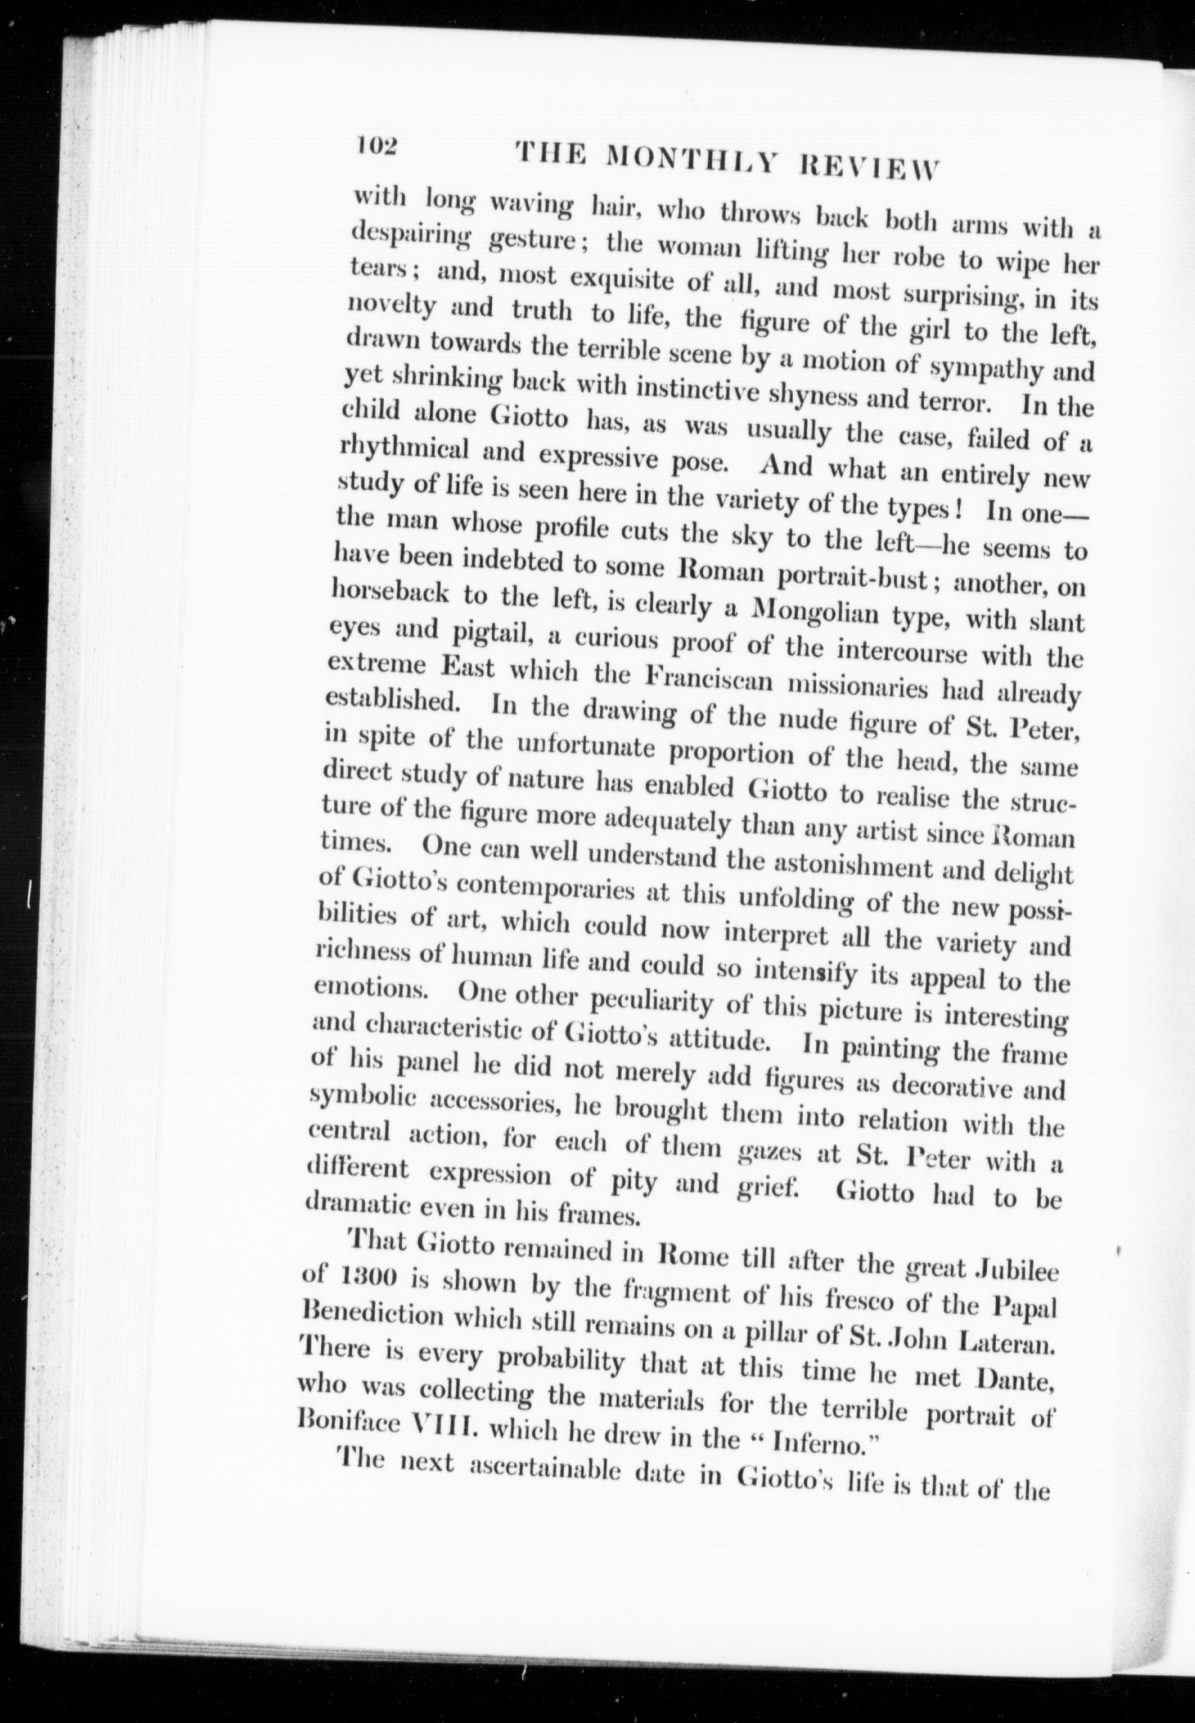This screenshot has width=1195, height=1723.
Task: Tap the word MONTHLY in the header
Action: pos(689,158)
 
